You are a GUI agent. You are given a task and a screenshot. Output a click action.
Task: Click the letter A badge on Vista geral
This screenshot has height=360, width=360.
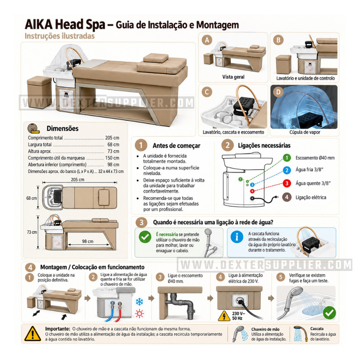click(x=207, y=40)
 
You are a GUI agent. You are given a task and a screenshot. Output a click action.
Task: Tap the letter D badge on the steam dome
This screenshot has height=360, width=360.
click(x=278, y=92)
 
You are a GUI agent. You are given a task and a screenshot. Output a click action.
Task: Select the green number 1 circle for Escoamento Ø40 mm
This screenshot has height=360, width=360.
click(x=287, y=158)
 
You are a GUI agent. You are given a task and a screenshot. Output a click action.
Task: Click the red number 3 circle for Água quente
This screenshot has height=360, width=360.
click(x=287, y=183)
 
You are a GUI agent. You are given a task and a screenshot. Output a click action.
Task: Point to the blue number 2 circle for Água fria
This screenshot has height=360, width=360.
click(x=287, y=170)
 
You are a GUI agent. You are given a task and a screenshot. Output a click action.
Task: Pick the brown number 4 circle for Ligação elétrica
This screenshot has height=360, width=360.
click(x=287, y=197)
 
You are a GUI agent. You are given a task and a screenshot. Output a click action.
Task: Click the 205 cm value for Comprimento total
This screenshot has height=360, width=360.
click(x=112, y=138)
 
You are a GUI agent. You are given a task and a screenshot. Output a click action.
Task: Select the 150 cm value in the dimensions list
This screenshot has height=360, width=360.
click(x=112, y=158)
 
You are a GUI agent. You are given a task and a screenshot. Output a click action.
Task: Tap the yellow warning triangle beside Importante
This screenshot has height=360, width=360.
click(x=33, y=334)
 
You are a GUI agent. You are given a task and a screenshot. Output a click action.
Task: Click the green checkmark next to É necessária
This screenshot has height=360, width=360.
click(x=145, y=237)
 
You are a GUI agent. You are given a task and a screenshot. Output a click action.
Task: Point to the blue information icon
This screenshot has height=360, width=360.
click(x=237, y=237)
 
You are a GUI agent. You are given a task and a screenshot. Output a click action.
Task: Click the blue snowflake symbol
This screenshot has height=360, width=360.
click(x=139, y=302)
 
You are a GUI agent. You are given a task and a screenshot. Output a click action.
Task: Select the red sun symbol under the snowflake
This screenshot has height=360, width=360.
click(x=139, y=314)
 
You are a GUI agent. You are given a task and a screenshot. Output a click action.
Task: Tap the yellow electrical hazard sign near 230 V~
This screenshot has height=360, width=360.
click(x=224, y=316)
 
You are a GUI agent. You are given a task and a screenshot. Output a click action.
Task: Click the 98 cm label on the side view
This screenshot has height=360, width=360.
click(x=88, y=241)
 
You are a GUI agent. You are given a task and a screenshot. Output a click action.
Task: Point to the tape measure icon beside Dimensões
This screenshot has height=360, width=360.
click(x=33, y=129)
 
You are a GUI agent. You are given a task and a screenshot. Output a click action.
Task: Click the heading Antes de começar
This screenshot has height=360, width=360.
click(x=176, y=145)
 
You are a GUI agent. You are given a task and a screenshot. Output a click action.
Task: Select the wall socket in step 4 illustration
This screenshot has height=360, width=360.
click(x=240, y=300)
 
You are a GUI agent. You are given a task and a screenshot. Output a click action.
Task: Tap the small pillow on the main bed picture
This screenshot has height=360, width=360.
click(x=156, y=58)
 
